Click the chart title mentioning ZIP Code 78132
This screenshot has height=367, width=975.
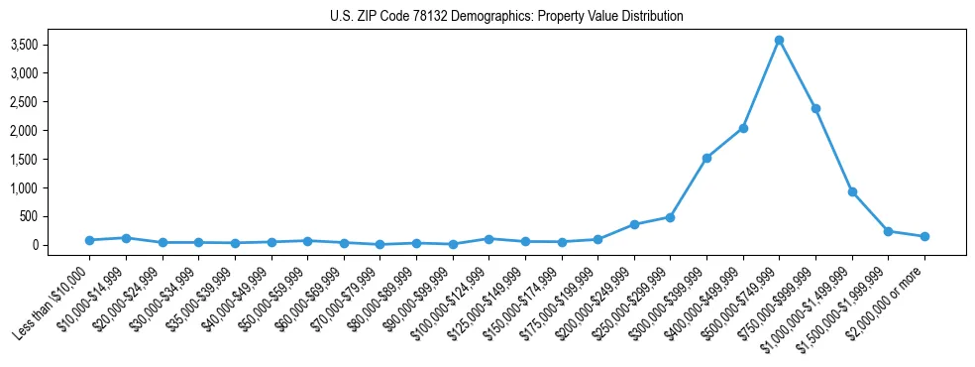[x=506, y=17]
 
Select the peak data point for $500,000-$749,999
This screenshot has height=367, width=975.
[x=779, y=40]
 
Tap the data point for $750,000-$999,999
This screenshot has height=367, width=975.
[x=815, y=108]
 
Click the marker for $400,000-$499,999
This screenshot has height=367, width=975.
[x=743, y=128]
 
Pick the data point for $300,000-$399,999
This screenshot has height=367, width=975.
[x=706, y=158]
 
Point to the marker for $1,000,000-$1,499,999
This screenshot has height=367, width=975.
[x=852, y=191]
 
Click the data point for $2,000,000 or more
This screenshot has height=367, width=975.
[x=924, y=236]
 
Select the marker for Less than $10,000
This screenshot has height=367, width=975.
[x=89, y=240]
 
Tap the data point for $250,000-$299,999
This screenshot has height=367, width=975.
[x=670, y=217]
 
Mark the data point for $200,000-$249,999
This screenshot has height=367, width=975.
[x=634, y=224]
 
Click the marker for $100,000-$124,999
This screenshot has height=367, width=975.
[x=488, y=239]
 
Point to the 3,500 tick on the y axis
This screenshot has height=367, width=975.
[x=52, y=45]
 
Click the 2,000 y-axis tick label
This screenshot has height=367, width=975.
[x=52, y=130]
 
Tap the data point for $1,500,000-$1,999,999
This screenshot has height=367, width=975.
[x=888, y=231]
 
